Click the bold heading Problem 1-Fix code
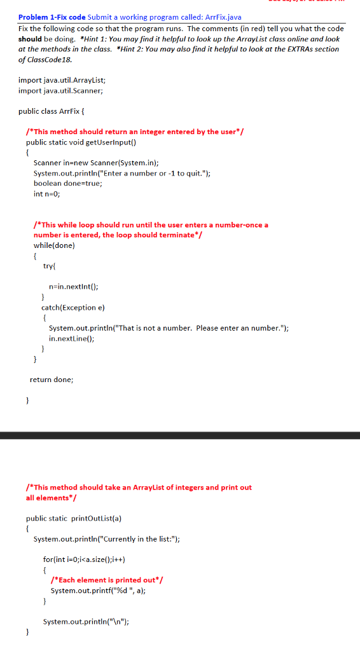[50, 17]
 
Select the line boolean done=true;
[67, 183]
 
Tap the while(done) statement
[54, 245]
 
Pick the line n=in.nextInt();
[73, 287]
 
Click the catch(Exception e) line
[73, 307]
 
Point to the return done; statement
[52, 380]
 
